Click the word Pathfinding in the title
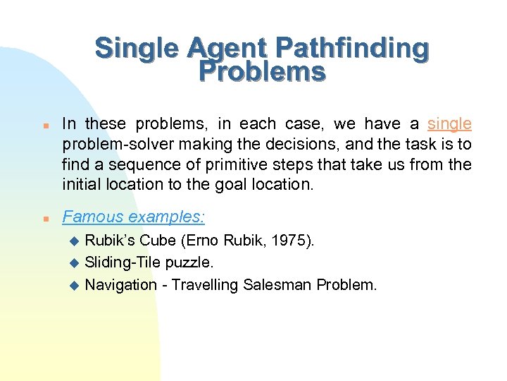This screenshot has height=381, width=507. pyautogui.click(x=351, y=49)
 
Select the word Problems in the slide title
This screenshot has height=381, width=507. pyautogui.click(x=262, y=71)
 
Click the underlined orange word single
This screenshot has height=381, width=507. pyautogui.click(x=449, y=124)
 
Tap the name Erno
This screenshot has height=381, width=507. pyautogui.click(x=205, y=241)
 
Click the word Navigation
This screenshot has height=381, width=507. pyautogui.click(x=120, y=284)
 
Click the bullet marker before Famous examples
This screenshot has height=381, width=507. pyautogui.click(x=44, y=218)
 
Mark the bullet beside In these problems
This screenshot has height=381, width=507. pyautogui.click(x=44, y=125)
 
